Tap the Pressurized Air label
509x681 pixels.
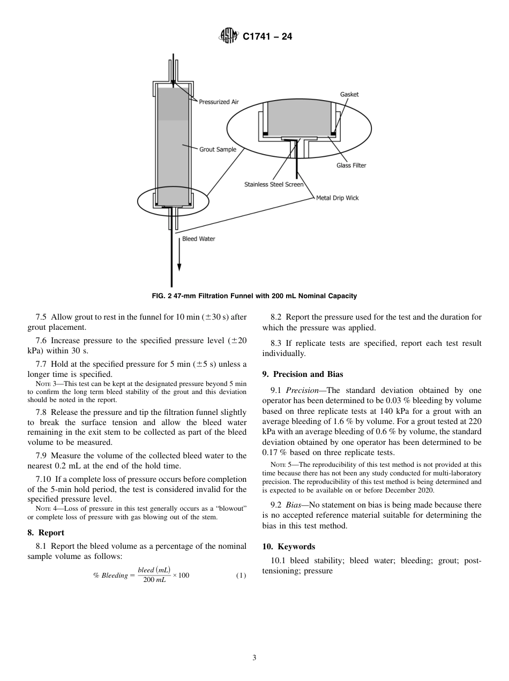(x=219, y=102)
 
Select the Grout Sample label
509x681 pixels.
(x=218, y=149)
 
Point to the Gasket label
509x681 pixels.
(x=349, y=94)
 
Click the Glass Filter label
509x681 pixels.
(x=351, y=165)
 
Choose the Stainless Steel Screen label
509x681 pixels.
(x=274, y=185)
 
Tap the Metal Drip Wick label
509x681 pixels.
(x=337, y=198)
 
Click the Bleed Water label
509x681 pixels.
(x=198, y=239)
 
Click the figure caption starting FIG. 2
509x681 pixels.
(x=254, y=296)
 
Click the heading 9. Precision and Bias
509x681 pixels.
(x=302, y=374)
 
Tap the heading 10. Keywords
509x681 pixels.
(x=288, y=547)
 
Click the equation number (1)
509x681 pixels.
(x=241, y=576)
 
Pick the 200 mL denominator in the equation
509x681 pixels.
(x=154, y=581)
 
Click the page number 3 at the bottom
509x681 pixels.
(x=254, y=658)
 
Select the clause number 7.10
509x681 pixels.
(x=43, y=479)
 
